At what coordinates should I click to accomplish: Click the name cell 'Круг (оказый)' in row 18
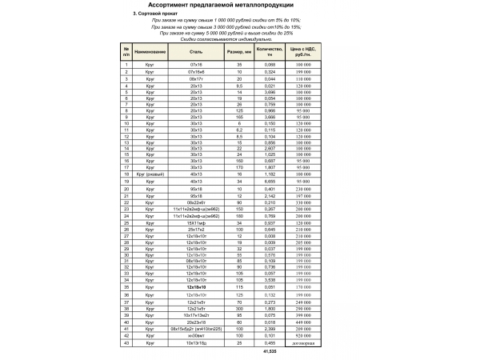click(150, 174)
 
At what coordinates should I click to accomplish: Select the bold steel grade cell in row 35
click(196, 286)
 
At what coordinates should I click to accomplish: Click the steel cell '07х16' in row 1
click(196, 63)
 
